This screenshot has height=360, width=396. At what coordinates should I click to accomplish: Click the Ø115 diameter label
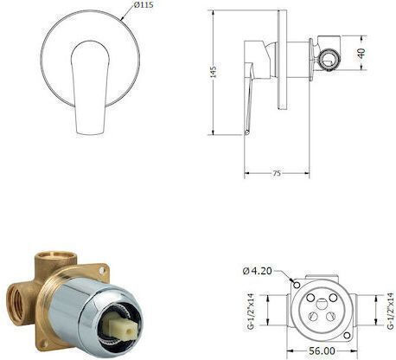coord(144,5)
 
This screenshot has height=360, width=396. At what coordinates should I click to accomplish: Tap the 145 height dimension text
coord(214,72)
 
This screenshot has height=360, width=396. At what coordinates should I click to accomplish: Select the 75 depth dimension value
coord(277,173)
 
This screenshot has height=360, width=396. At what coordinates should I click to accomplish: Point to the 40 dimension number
coord(361,53)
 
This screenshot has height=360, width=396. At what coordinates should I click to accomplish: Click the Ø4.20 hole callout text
coord(257,271)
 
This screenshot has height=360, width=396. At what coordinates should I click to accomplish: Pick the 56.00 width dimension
coord(322,351)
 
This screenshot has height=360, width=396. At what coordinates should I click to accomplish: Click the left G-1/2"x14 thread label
coord(252,312)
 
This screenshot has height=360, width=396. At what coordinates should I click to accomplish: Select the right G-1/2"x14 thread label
coord(391,311)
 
